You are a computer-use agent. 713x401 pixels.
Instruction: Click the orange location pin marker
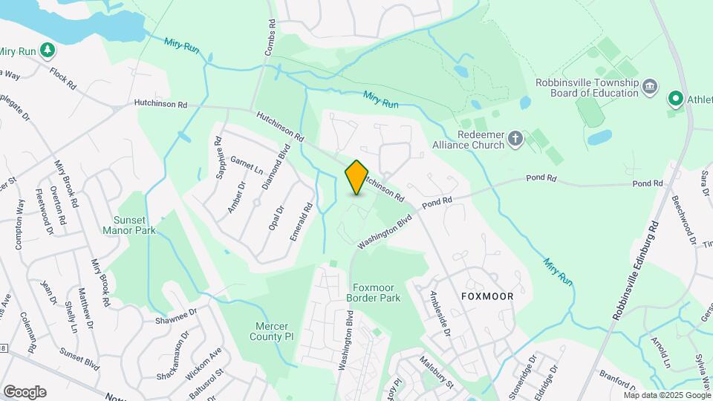pos(356,177)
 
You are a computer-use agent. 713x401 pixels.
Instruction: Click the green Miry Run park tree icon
pos(48,50)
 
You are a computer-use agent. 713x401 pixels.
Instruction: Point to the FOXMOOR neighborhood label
pos(487,296)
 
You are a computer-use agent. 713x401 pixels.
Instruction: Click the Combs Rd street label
pos(270,36)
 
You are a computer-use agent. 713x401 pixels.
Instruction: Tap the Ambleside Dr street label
pos(440,313)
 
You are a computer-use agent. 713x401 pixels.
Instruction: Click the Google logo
pos(25,392)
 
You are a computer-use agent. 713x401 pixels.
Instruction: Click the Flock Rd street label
pos(63,78)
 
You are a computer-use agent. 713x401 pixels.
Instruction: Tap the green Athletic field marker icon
pos(675,98)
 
